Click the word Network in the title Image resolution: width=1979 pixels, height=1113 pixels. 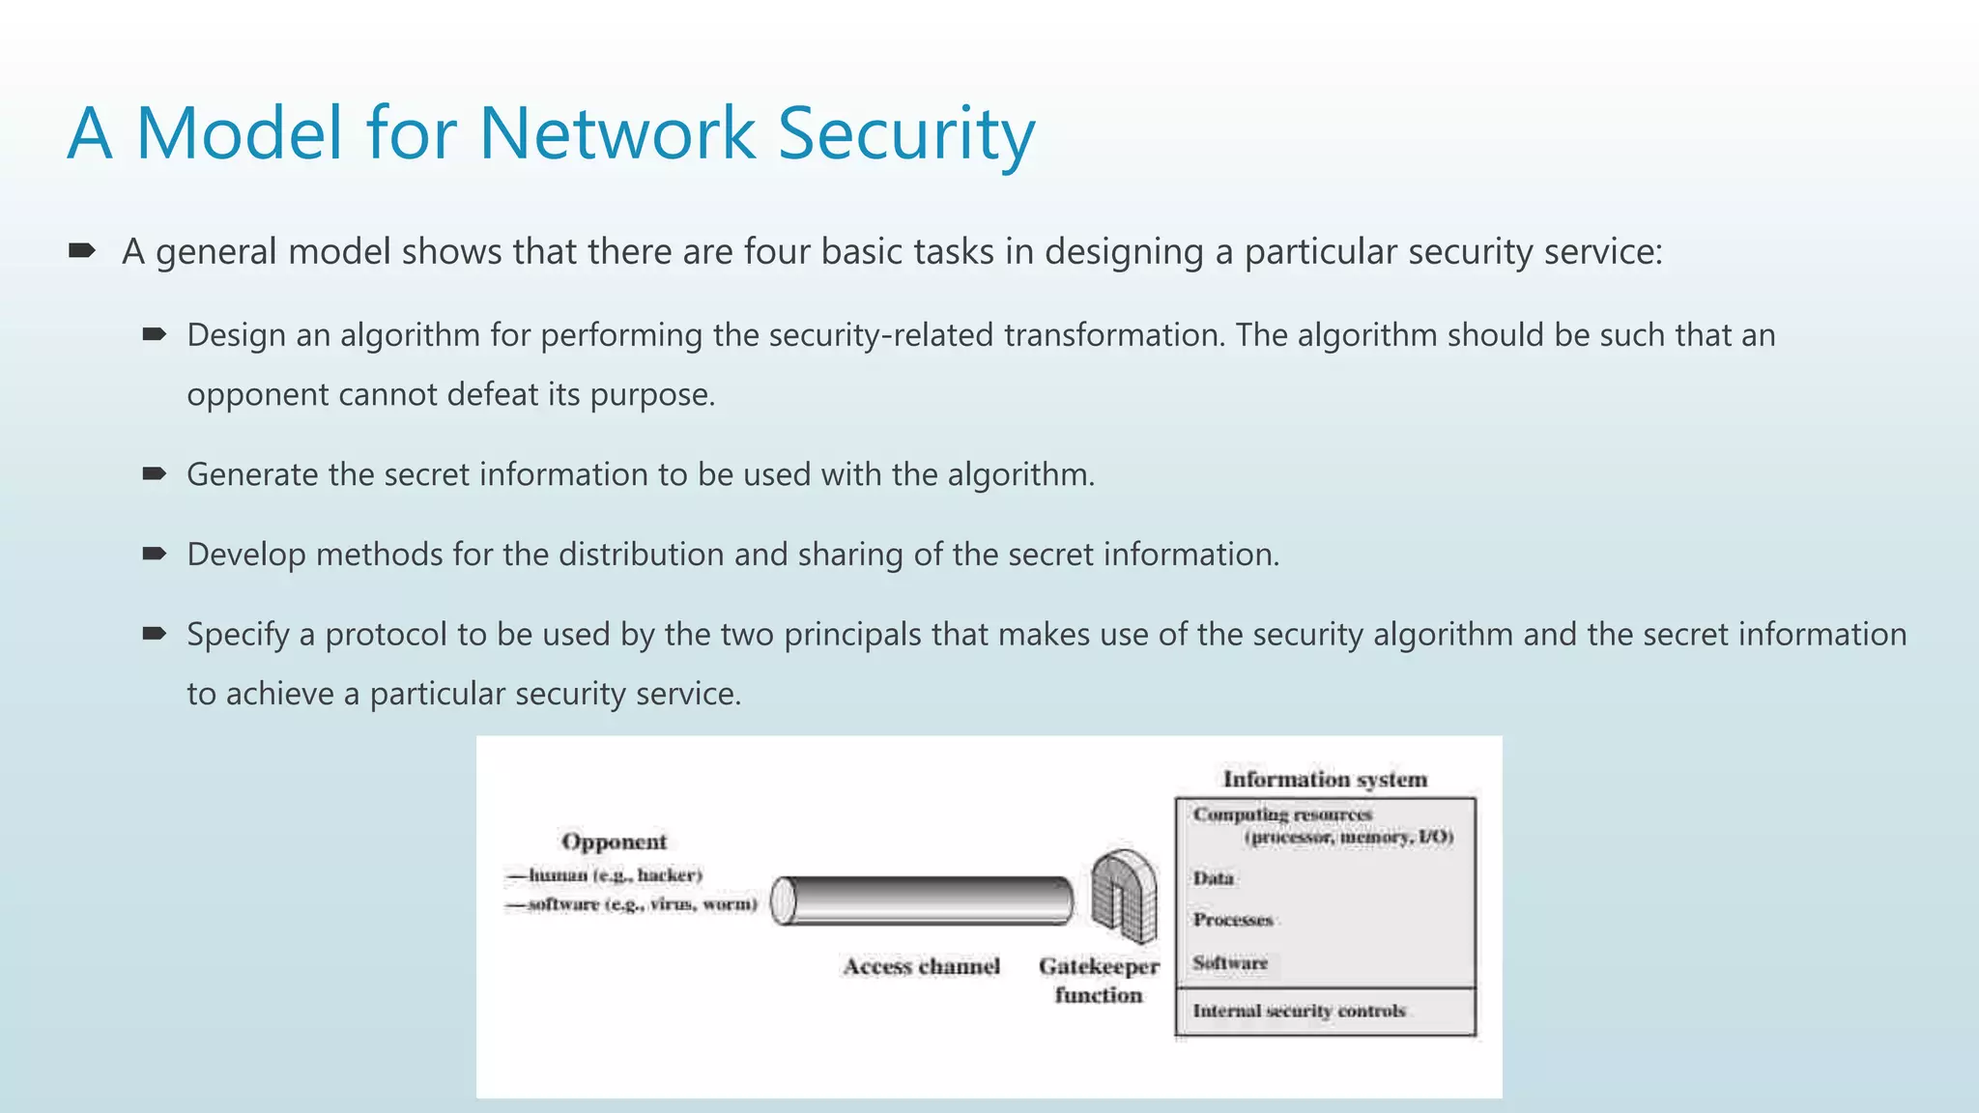pyautogui.click(x=617, y=133)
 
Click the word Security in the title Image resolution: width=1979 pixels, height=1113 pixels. pyautogui.click(x=905, y=133)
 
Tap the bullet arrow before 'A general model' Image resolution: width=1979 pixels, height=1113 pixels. pyautogui.click(x=82, y=251)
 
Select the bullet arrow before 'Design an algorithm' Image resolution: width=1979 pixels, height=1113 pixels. pyautogui.click(x=155, y=335)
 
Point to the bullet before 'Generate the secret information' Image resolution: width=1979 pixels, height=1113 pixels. pyautogui.click(x=155, y=473)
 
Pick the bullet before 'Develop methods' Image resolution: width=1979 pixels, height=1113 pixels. pyautogui.click(x=155, y=554)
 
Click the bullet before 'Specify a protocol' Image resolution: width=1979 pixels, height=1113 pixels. pyautogui.click(x=155, y=634)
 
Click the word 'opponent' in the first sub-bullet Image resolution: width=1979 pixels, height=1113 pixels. pyautogui.click(x=257, y=395)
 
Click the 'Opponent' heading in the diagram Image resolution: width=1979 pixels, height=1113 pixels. pyautogui.click(x=614, y=842)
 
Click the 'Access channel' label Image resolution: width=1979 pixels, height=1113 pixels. pyautogui.click(x=921, y=966)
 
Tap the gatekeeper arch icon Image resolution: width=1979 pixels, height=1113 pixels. pyautogui.click(x=1124, y=897)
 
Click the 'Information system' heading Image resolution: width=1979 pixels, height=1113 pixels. pyautogui.click(x=1325, y=780)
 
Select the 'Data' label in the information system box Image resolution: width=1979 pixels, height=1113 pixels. pyautogui.click(x=1213, y=878)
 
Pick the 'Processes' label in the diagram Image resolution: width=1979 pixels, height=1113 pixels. pyautogui.click(x=1232, y=920)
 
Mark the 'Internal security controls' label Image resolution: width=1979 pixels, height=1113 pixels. pyautogui.click(x=1299, y=1012)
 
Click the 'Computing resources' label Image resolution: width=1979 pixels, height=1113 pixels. pyautogui.click(x=1282, y=814)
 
